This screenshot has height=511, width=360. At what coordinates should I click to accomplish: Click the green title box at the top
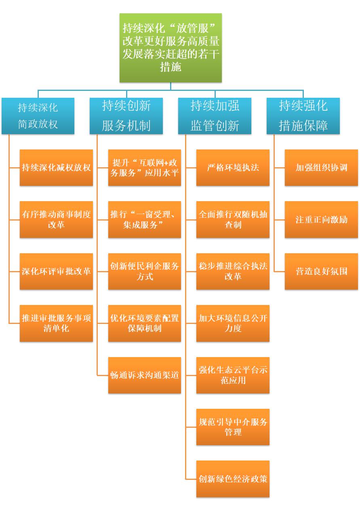point(171,48)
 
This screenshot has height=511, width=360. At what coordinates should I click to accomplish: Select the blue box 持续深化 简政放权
point(38,116)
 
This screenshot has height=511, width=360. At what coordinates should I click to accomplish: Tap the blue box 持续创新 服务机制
point(126,116)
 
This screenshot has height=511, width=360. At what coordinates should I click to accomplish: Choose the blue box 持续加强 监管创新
point(215,116)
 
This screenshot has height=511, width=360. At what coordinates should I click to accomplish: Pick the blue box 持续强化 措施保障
point(303,116)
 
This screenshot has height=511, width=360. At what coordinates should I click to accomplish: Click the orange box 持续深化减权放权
point(56,168)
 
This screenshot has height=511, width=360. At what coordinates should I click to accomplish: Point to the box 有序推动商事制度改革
point(56,219)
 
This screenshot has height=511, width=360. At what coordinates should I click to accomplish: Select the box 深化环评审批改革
point(56,271)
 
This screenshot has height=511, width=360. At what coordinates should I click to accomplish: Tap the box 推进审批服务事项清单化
point(56,323)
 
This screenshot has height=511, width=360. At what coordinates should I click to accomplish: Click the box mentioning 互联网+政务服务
point(144,168)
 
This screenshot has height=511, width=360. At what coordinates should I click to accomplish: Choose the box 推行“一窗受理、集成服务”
point(144,219)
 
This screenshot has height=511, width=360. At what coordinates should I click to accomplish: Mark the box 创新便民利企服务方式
point(144,271)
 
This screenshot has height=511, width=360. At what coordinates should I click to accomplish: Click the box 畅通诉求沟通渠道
point(144,375)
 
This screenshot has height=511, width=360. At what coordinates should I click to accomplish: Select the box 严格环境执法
point(233,168)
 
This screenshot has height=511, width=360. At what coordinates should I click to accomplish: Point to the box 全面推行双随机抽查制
point(233,219)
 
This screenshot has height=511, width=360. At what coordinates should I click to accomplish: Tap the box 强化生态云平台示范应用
point(233,375)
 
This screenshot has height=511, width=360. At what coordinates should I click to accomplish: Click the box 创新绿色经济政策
point(233,479)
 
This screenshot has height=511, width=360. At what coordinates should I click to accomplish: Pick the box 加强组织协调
point(321,168)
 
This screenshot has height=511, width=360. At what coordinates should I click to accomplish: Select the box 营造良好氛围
point(321,271)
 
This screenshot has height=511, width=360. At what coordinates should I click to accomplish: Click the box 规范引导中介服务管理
point(233,427)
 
